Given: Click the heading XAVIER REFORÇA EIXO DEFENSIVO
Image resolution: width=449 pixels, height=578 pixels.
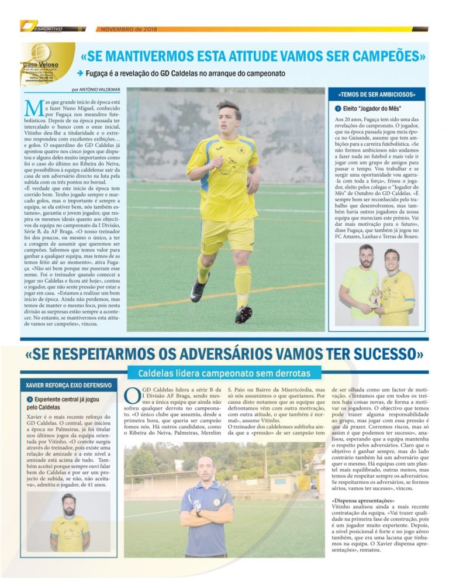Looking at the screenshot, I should [69, 386].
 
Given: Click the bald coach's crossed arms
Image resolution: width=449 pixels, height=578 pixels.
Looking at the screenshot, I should [206, 517].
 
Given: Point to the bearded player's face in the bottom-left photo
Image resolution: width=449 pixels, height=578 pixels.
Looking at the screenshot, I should [68, 502].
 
